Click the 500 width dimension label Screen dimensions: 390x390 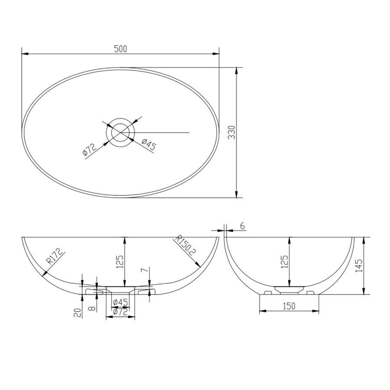point(120,49)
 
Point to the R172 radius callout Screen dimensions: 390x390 point(55,257)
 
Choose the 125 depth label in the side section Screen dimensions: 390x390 point(284,262)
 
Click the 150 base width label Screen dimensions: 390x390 point(289,306)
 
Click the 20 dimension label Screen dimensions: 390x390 point(78,313)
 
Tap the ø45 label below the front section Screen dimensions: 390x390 point(120,302)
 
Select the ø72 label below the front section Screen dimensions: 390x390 point(120,311)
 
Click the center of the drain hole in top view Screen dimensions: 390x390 point(121,132)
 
